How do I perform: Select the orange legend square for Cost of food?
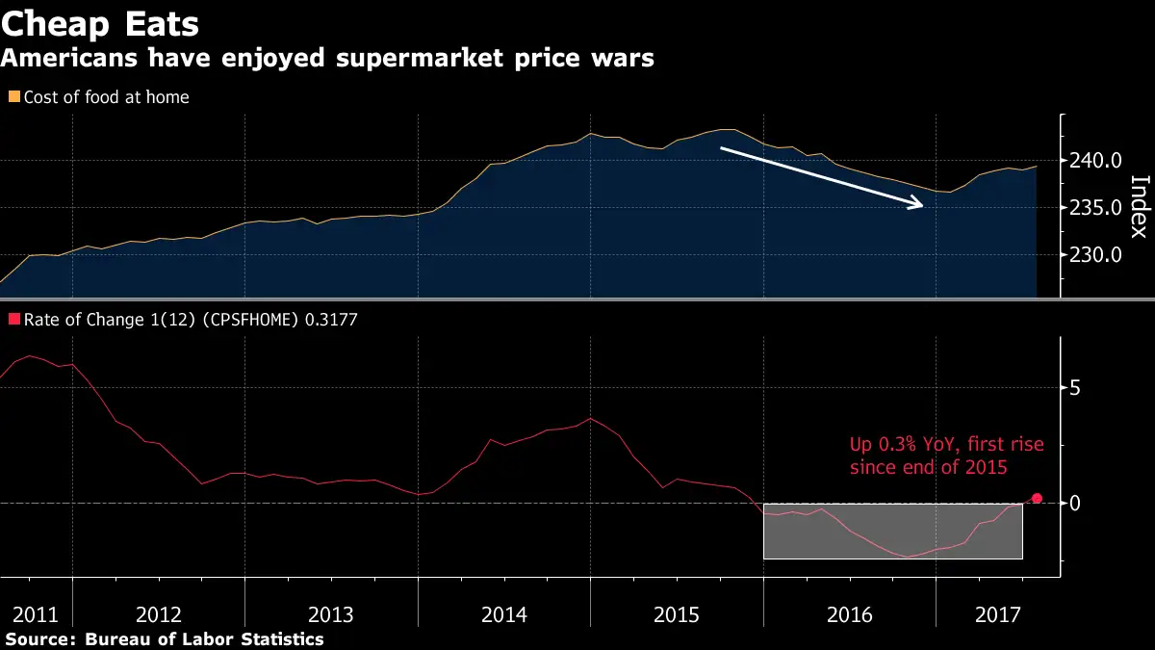[13, 96]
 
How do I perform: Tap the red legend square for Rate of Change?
[13, 320]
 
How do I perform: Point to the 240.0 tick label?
[1096, 161]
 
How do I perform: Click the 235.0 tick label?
[1096, 208]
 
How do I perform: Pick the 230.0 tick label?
[1096, 255]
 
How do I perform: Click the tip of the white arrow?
[922, 205]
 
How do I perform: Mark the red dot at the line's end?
[1037, 499]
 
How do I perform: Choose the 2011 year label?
[36, 614]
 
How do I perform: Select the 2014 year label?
[504, 614]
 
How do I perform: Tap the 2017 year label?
[997, 614]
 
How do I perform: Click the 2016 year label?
[850, 614]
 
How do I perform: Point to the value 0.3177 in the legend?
[331, 320]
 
